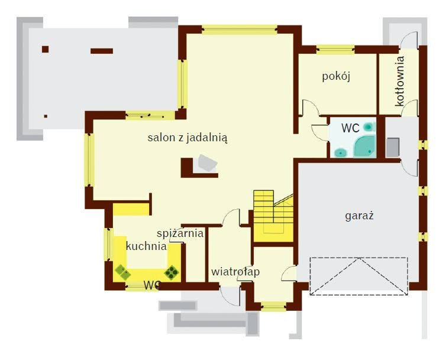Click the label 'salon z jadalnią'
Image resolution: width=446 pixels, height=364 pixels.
click(x=188, y=138)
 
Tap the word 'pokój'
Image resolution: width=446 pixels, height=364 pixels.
click(x=336, y=76)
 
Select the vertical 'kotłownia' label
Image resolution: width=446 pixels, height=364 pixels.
click(x=399, y=81)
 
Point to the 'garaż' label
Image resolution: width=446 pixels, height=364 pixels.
click(x=359, y=216)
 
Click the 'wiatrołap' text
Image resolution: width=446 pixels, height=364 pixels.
click(x=235, y=272)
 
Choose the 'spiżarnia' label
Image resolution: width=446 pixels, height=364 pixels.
click(x=180, y=233)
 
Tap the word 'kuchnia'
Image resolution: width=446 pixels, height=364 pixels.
click(x=146, y=246)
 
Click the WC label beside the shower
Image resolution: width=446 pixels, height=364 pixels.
click(x=350, y=128)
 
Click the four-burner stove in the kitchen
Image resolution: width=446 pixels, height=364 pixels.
click(x=172, y=272)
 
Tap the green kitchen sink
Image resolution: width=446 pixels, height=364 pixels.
click(x=122, y=272)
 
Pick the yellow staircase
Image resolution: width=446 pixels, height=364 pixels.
click(x=273, y=216)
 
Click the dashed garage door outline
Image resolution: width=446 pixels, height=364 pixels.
click(x=359, y=276)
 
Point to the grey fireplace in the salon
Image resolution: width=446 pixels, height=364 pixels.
click(x=208, y=164)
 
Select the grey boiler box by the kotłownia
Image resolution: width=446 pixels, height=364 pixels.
click(x=393, y=147)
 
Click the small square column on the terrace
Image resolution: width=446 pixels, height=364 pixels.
click(x=45, y=49)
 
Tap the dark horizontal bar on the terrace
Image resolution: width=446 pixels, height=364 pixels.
click(x=102, y=51)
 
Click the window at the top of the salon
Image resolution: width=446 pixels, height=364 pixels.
click(x=240, y=30)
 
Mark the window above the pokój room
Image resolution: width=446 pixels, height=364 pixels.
click(x=335, y=50)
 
